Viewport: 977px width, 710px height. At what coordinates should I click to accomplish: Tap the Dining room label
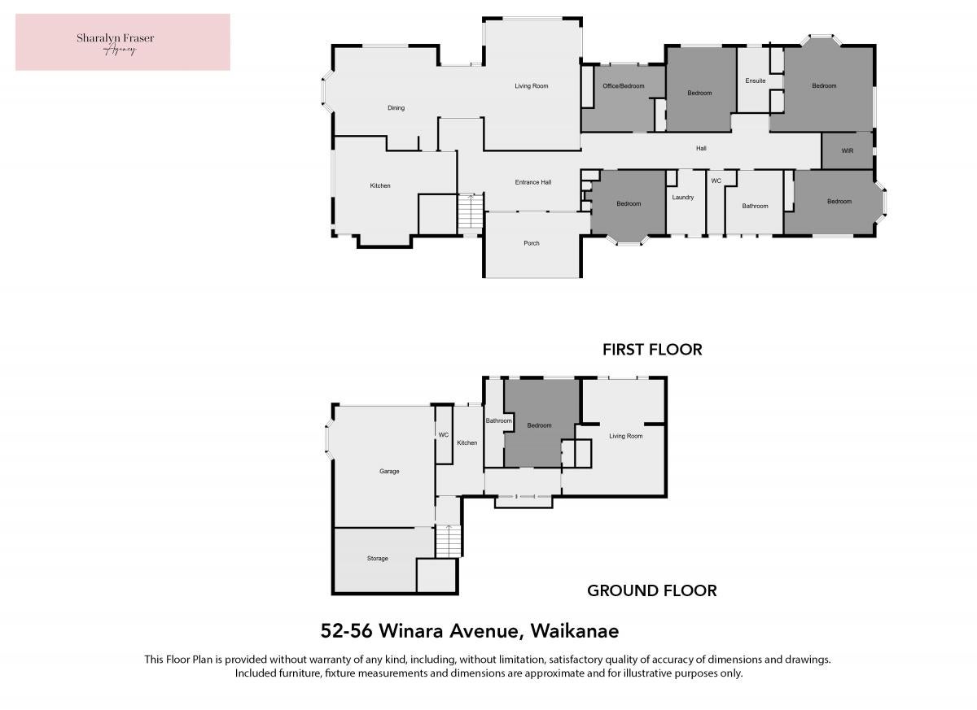click(x=396, y=108)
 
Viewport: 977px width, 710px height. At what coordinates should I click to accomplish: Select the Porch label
click(x=531, y=243)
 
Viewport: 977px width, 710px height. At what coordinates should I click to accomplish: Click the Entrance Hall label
click(x=533, y=182)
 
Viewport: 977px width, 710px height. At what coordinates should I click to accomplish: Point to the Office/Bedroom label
click(x=624, y=86)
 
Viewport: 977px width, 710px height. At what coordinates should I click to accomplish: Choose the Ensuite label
click(x=756, y=81)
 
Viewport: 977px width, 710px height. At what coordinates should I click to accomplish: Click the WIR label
click(x=847, y=150)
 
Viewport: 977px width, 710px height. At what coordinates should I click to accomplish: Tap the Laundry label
click(x=682, y=198)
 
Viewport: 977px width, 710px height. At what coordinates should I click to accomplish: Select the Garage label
click(x=389, y=472)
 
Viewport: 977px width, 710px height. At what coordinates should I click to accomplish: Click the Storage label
click(x=377, y=559)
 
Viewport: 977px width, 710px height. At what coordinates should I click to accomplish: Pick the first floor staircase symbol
click(x=471, y=211)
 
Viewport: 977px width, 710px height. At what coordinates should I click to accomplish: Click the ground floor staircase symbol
click(x=449, y=541)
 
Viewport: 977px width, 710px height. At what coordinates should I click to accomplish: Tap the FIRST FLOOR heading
click(x=652, y=350)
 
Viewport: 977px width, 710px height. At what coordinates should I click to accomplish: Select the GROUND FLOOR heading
click(x=651, y=590)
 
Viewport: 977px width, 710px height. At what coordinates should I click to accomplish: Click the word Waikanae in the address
click(x=575, y=631)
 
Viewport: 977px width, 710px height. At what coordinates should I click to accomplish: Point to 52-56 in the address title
click(x=346, y=631)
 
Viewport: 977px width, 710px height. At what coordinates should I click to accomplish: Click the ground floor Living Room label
click(x=625, y=436)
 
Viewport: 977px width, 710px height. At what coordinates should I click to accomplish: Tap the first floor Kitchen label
click(x=380, y=185)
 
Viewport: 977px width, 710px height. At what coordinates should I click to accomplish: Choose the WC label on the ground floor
click(x=443, y=435)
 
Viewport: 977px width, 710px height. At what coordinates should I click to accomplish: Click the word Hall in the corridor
click(x=701, y=149)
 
